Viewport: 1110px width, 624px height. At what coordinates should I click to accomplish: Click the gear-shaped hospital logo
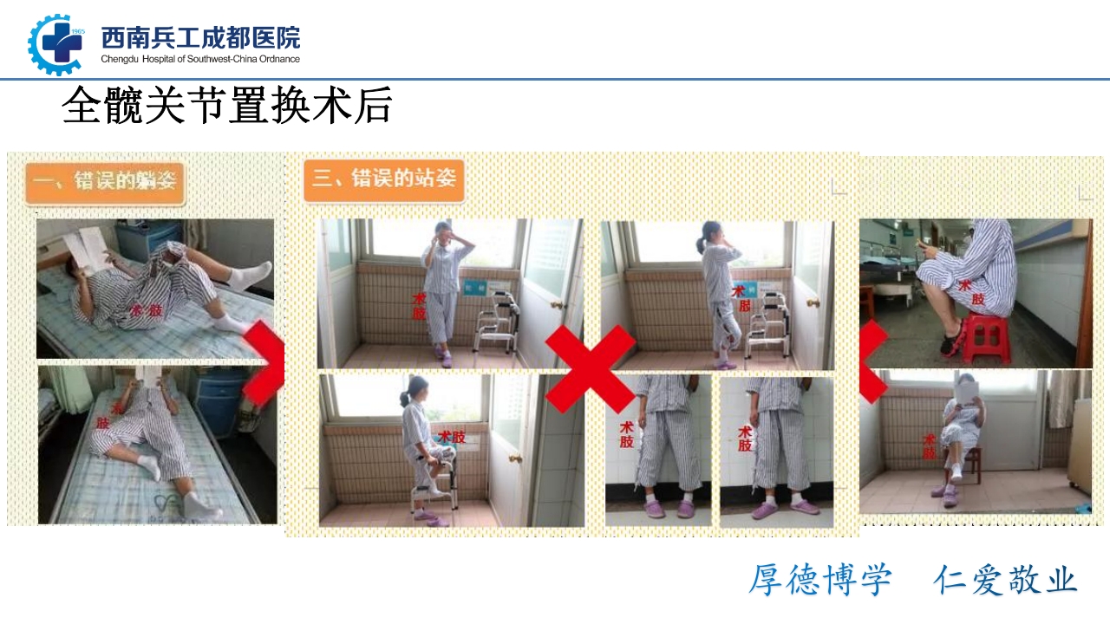pyautogui.click(x=55, y=44)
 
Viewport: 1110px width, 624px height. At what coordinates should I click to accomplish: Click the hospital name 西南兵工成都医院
pyautogui.click(x=200, y=38)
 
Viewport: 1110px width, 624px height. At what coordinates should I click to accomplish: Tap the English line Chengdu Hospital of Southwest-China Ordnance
pyautogui.click(x=200, y=59)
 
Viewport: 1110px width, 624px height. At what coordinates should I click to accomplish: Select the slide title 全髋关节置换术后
pyautogui.click(x=227, y=107)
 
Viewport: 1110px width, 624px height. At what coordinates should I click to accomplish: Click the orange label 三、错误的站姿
pyautogui.click(x=383, y=179)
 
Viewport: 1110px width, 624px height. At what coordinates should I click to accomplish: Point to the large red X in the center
pyautogui.click(x=590, y=368)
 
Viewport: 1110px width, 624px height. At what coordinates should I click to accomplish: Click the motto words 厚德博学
pyautogui.click(x=819, y=580)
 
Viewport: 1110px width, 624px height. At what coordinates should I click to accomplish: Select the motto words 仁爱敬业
pyautogui.click(x=1005, y=580)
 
